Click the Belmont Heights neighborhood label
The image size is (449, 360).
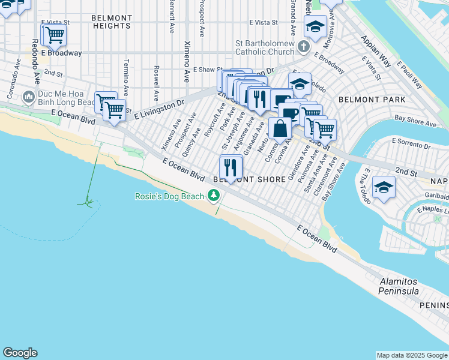point(112,22)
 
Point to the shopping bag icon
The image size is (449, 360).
point(280,127)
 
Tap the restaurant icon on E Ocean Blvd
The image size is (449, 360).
point(231,166)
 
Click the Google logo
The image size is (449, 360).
point(20,353)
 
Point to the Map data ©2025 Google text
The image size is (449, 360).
point(411,355)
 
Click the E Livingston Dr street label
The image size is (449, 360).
point(159,109)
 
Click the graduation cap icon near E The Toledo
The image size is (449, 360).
point(383,187)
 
